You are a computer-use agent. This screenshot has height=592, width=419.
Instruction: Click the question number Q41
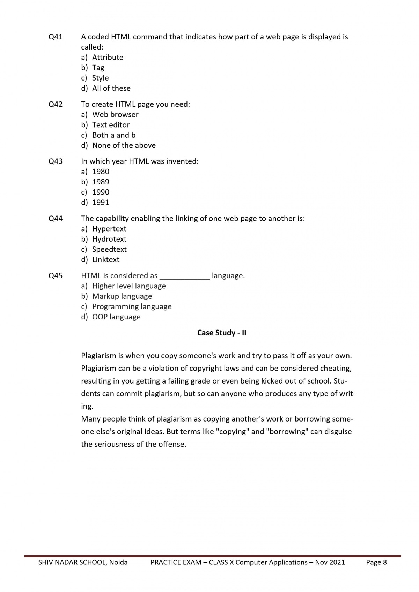[56, 37]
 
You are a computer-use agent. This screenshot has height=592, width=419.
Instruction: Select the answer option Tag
[98, 68]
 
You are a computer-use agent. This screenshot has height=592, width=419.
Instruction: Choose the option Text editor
[111, 125]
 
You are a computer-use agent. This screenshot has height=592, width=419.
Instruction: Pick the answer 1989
[101, 182]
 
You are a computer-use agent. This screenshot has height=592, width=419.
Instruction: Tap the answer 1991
[101, 203]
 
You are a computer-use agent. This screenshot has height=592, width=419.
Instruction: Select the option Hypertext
[109, 229]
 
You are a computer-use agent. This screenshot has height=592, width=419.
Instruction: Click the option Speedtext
[109, 249]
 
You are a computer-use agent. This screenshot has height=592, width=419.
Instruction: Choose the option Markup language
[122, 296]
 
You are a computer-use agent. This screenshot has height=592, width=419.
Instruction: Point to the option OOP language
[116, 317]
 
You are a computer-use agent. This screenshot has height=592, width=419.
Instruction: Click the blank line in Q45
[185, 276]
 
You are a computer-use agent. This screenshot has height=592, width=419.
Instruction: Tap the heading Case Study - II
[222, 333]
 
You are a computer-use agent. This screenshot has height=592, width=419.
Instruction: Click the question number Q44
[56, 219]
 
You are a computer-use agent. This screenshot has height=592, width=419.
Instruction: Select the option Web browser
[115, 114]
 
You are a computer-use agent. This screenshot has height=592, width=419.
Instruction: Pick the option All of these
[111, 88]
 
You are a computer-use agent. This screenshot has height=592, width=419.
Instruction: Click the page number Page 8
[376, 562]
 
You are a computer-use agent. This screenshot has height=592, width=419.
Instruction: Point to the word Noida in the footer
[118, 562]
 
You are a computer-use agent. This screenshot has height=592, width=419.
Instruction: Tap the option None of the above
[124, 145]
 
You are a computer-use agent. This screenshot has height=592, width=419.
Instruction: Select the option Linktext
[105, 260]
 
